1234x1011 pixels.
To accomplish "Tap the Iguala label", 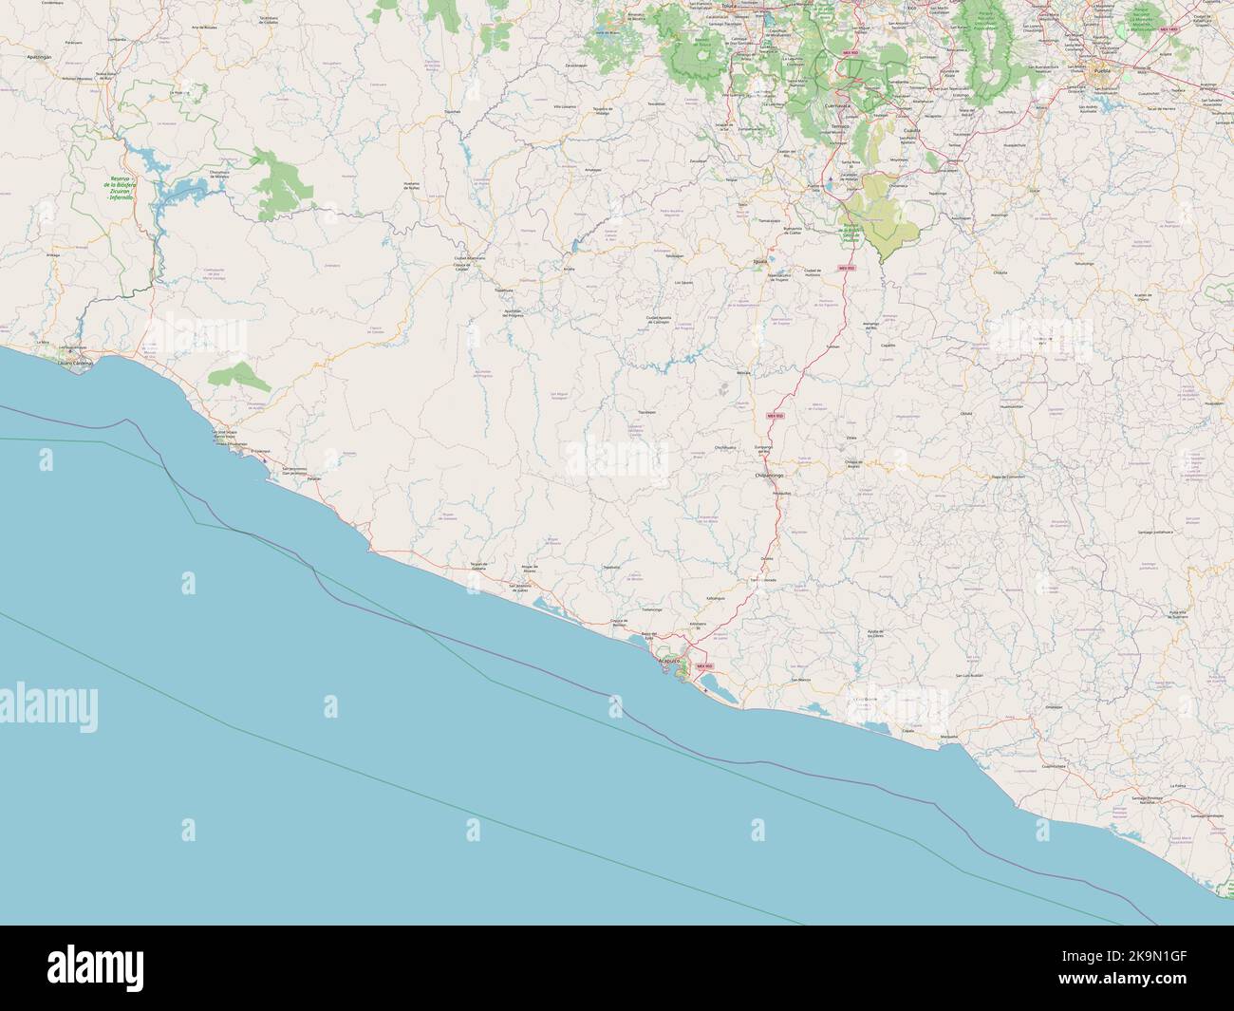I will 757,259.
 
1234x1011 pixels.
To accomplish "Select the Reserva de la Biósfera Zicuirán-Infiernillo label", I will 120,188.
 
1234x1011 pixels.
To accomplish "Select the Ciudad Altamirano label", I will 470,258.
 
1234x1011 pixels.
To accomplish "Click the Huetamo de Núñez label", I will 412,187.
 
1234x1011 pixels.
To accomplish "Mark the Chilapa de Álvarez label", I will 858,464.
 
